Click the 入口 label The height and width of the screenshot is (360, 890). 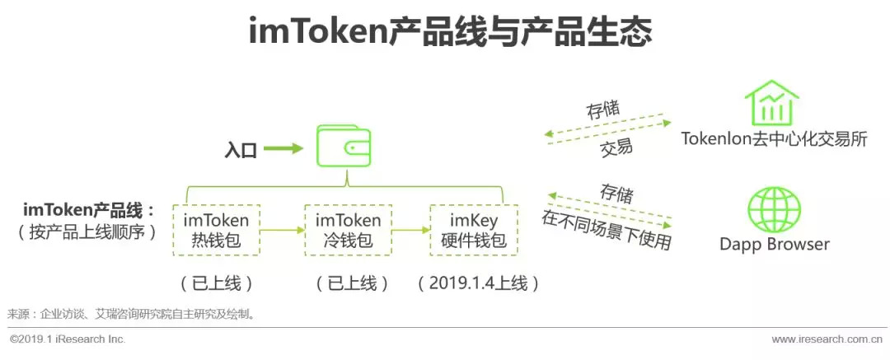(241, 151)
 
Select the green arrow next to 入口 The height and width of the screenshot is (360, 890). (283, 150)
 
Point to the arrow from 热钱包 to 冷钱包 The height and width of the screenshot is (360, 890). (283, 231)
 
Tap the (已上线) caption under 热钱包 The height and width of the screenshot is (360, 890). (217, 283)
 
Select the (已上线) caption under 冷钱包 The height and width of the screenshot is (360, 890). (352, 283)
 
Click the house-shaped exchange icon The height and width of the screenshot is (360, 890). (771, 102)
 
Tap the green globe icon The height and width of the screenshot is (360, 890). (773, 209)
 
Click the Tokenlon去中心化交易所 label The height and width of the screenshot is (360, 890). (774, 138)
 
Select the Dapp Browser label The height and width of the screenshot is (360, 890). (774, 244)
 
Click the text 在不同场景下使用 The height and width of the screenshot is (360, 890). (607, 230)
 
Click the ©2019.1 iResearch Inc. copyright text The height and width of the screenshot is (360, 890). (68, 339)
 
